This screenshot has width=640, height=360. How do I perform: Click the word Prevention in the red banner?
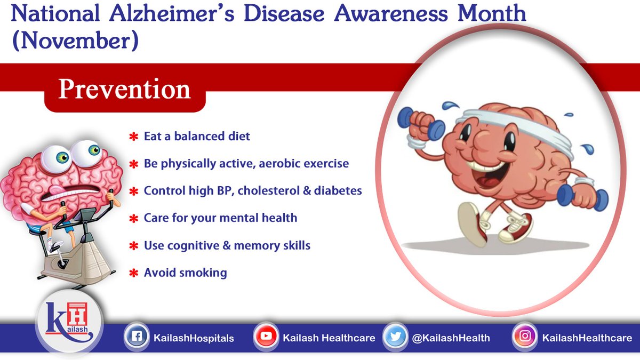point(124,89)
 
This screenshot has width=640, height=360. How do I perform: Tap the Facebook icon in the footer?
point(136,337)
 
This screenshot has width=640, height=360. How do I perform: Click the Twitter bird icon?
point(395,337)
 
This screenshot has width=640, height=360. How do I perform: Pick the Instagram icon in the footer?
point(525,337)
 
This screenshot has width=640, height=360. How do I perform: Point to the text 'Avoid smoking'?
point(185,273)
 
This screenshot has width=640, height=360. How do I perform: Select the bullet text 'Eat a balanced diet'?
point(197,136)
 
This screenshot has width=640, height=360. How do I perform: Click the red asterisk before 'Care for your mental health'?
point(134,219)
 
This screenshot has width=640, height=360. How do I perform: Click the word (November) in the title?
point(74,41)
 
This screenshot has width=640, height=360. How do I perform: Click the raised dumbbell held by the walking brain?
point(421,123)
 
